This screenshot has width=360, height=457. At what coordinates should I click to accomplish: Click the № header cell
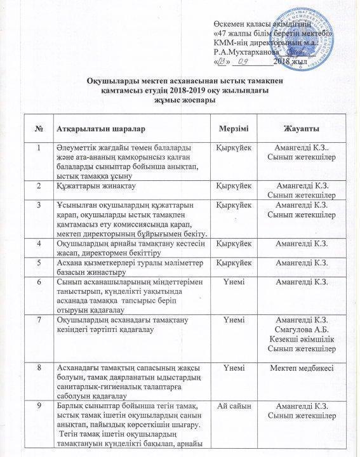pyautogui.click(x=40, y=128)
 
